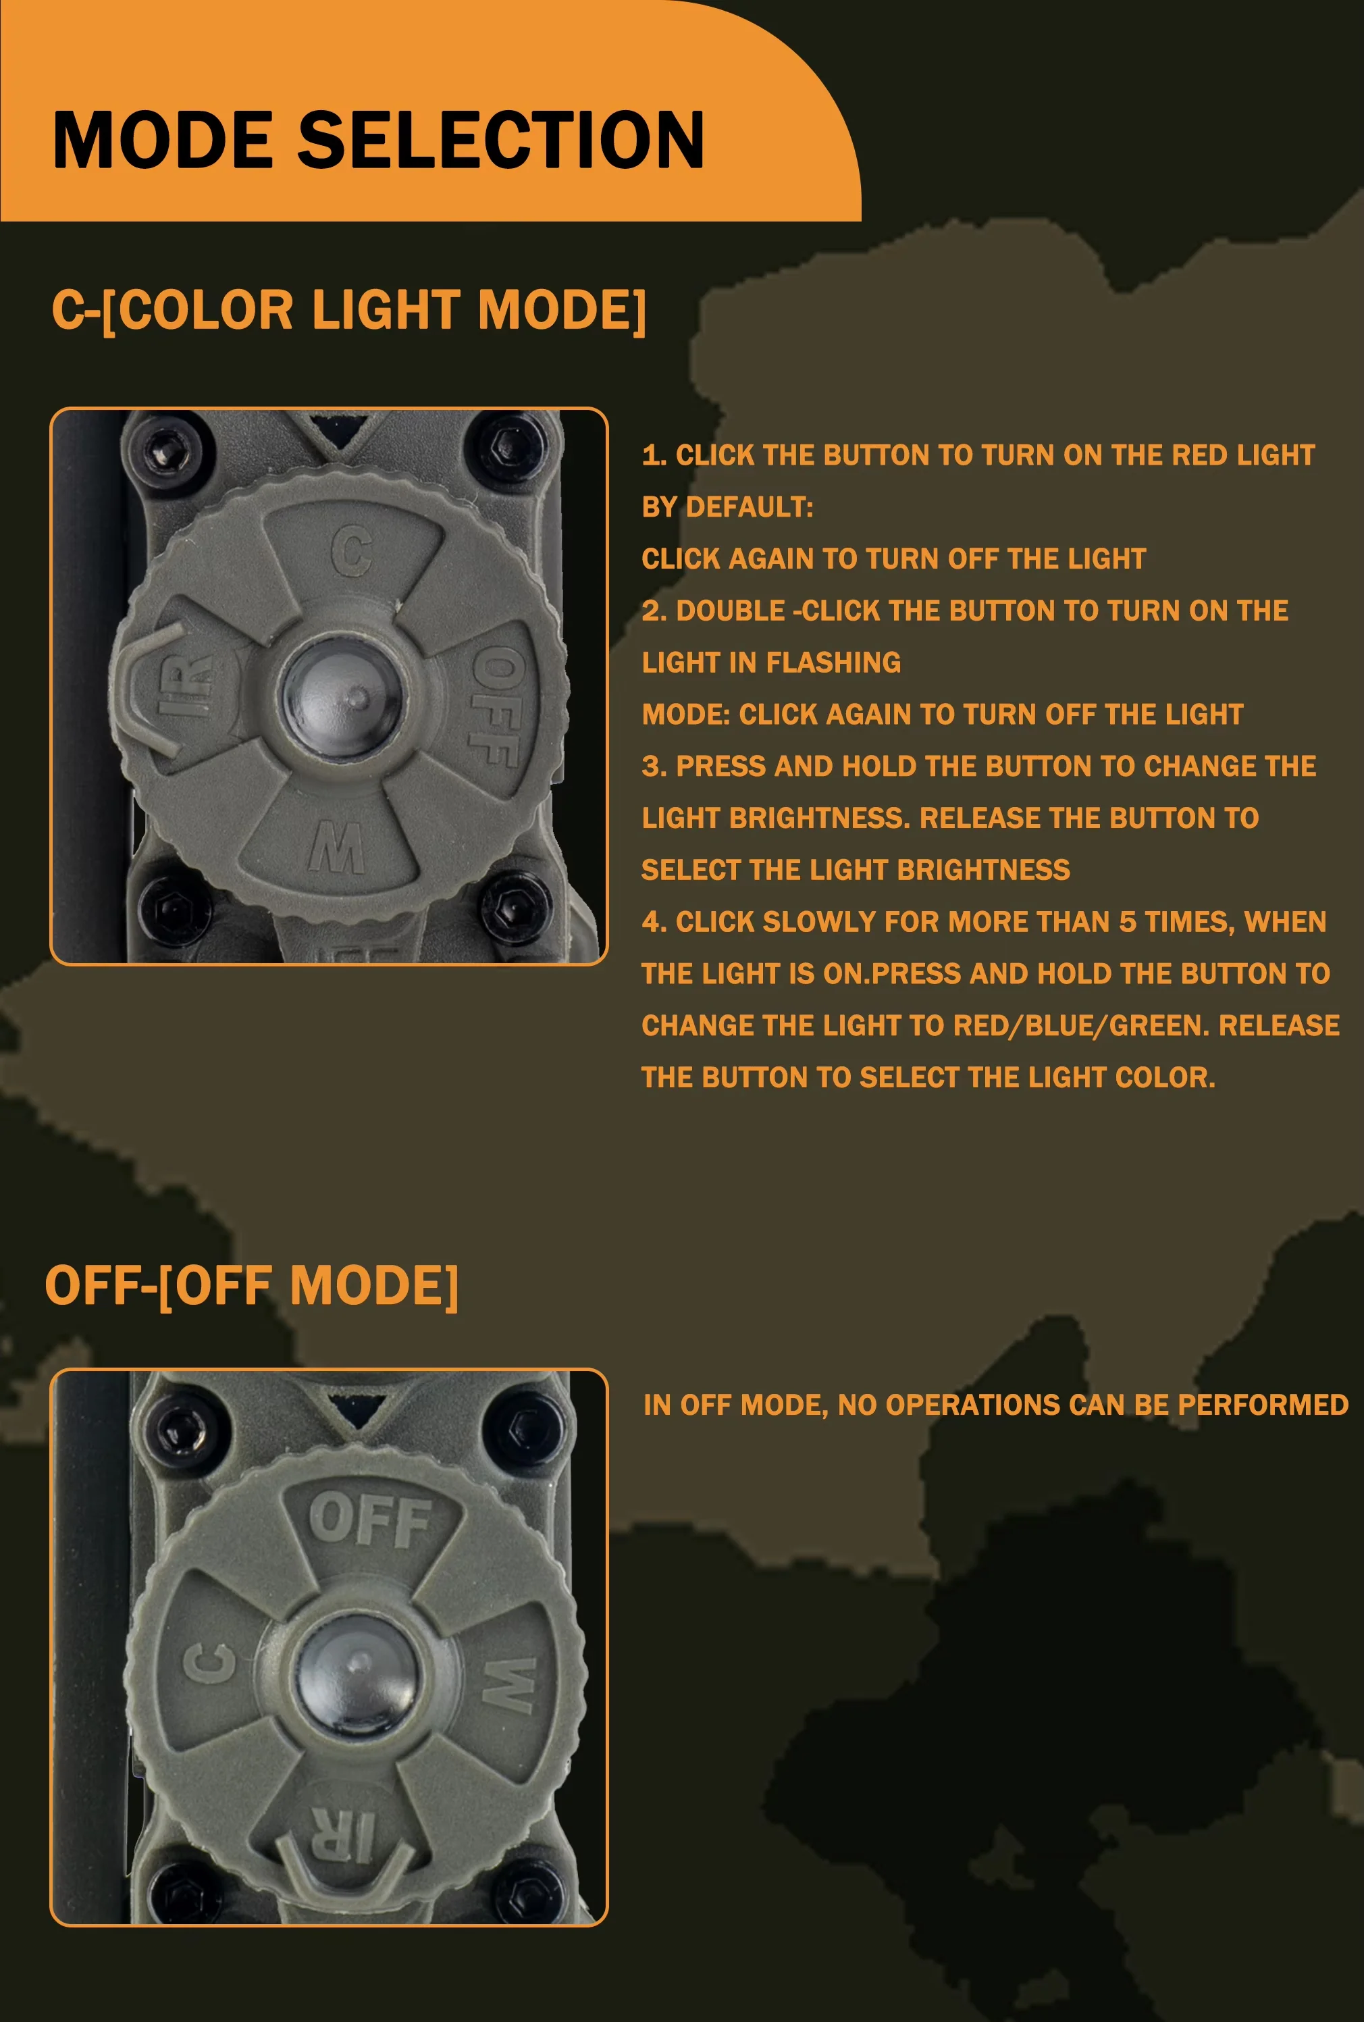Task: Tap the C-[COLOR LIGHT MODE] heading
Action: coord(349,310)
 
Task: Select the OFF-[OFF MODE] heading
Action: coord(251,1286)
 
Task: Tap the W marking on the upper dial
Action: coord(337,848)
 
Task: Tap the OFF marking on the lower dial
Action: coord(371,1519)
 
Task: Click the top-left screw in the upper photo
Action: coord(160,450)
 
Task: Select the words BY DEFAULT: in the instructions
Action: coord(727,507)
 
